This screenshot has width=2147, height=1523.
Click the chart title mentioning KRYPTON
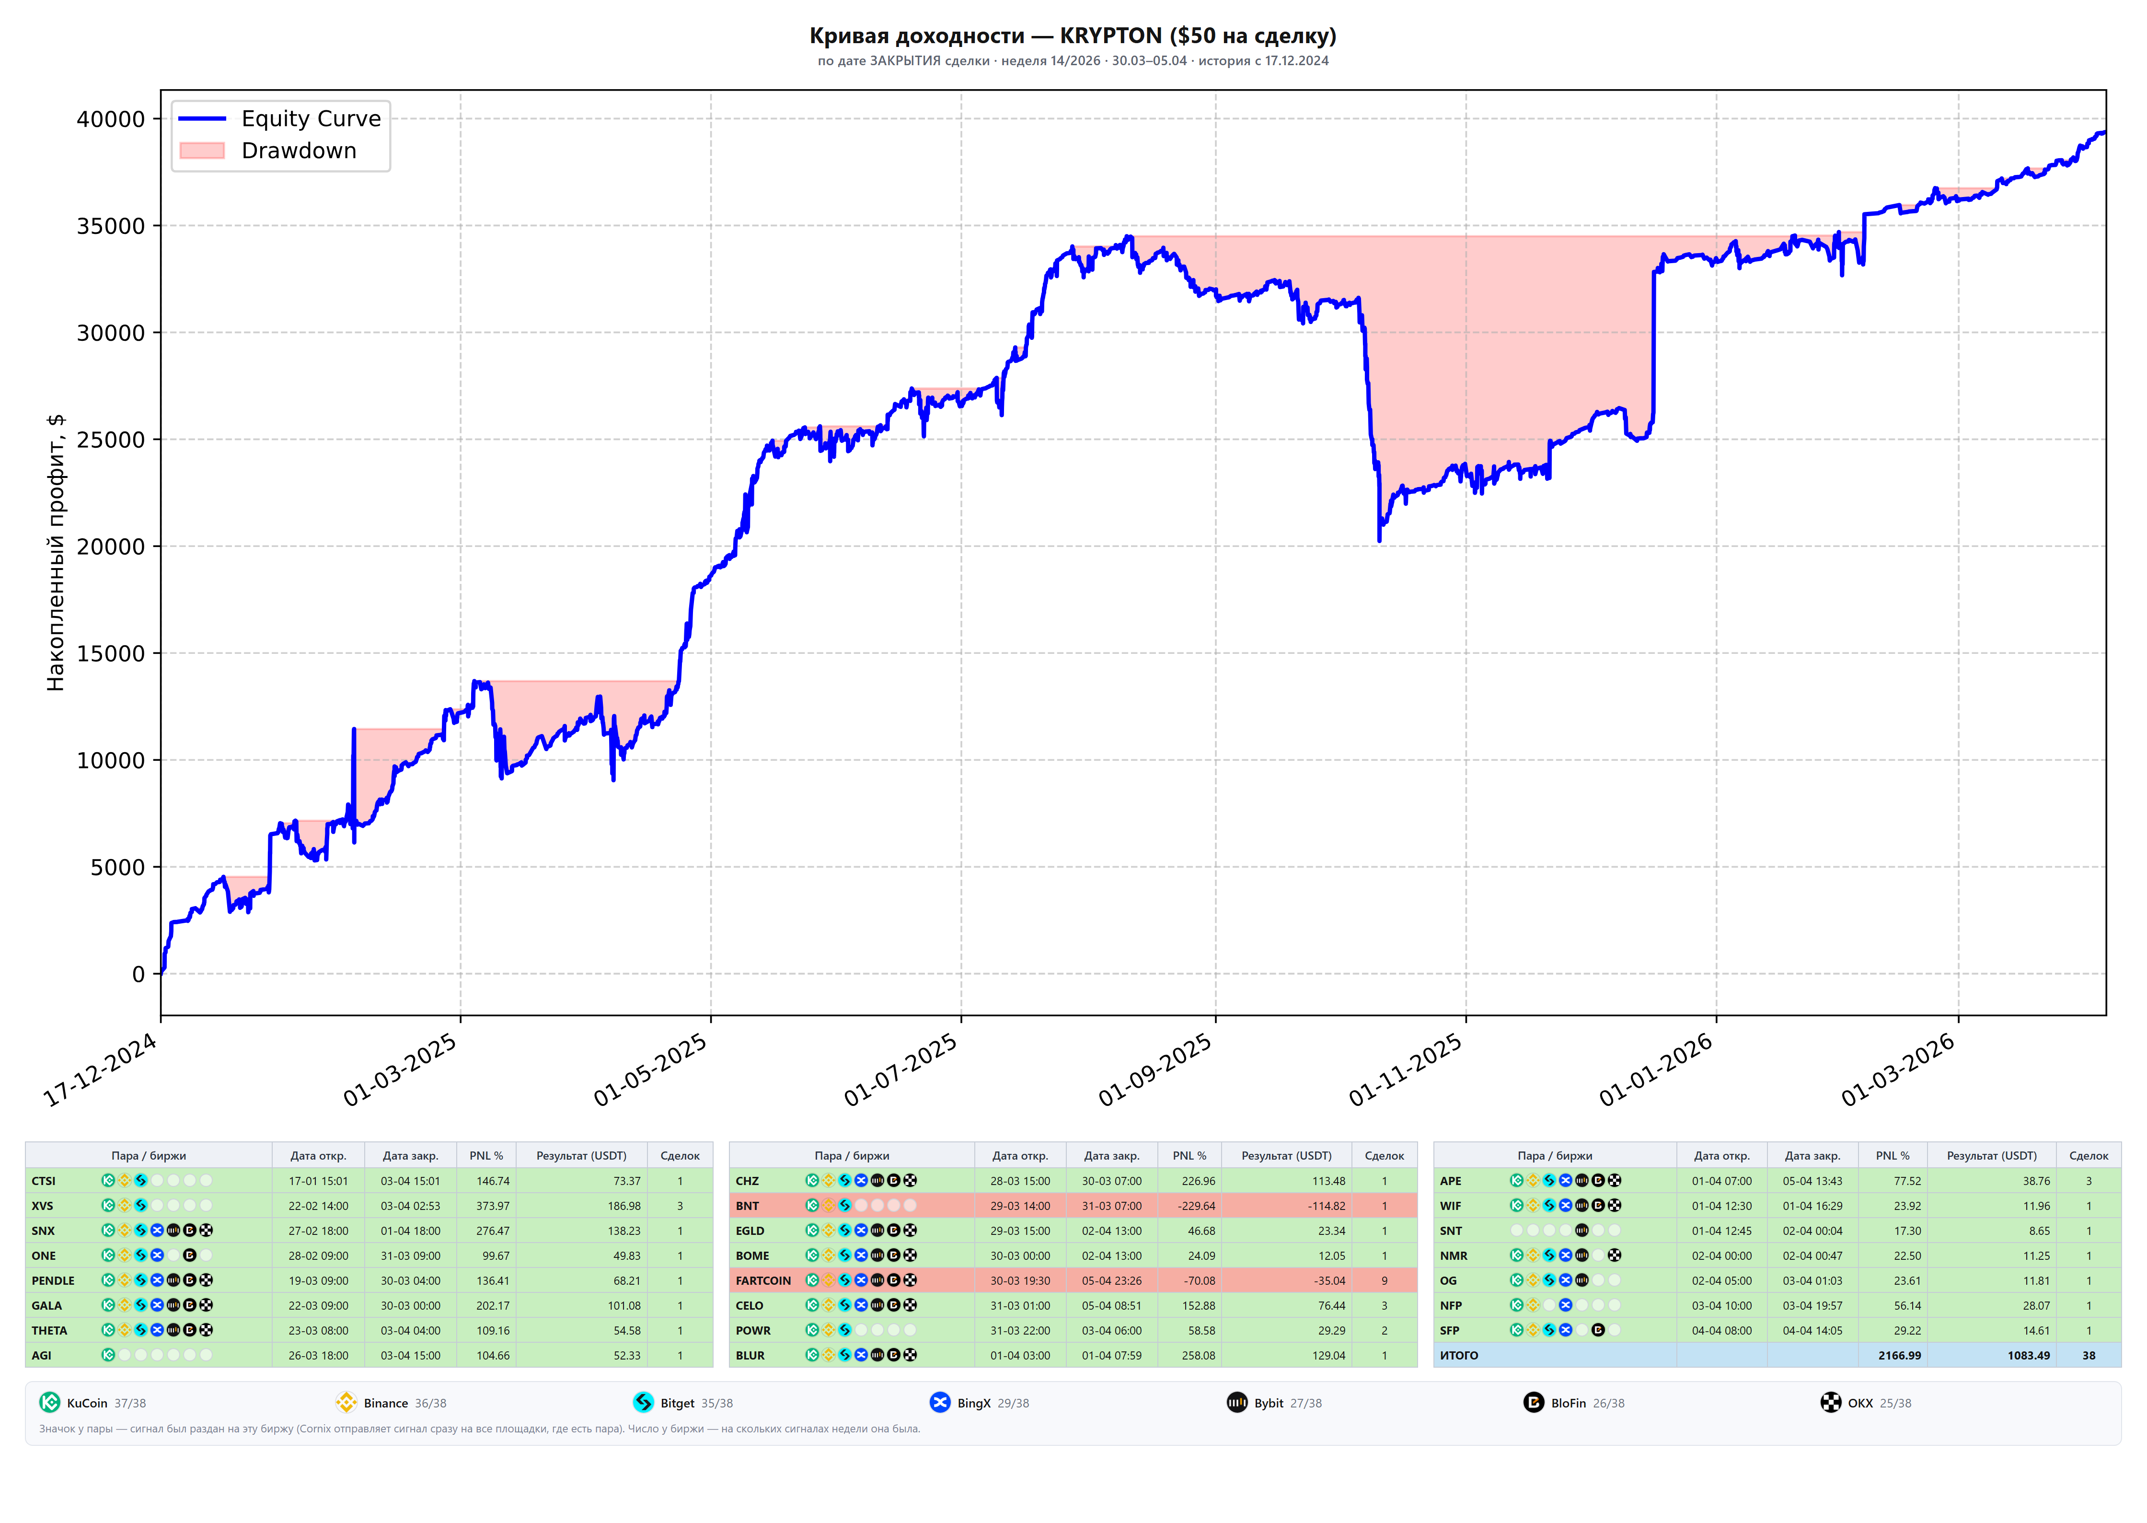[1073, 35]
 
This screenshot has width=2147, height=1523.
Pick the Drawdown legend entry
[268, 151]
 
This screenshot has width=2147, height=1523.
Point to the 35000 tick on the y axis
[111, 226]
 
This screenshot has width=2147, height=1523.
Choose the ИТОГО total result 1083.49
[2029, 1356]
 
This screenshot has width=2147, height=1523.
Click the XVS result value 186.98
[624, 1206]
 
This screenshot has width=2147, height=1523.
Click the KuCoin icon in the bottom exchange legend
[50, 1403]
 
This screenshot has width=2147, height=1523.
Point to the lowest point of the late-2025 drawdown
[1379, 541]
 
